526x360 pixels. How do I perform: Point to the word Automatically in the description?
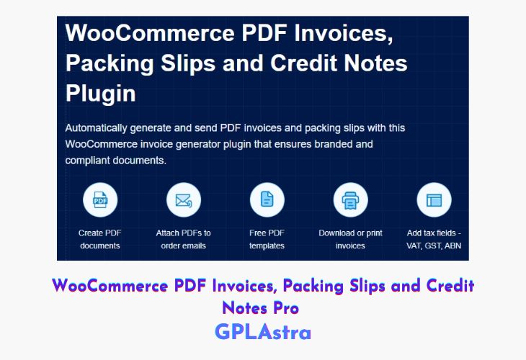coord(97,128)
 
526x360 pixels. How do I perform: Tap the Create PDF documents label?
coord(100,239)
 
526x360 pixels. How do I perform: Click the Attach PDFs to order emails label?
coord(184,239)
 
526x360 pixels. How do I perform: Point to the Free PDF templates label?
coord(267,239)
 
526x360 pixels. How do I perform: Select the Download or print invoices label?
coord(350,239)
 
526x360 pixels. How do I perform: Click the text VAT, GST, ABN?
coord(434,246)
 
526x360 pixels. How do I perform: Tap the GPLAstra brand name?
coord(263,333)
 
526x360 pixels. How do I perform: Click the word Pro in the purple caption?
coord(286,308)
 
